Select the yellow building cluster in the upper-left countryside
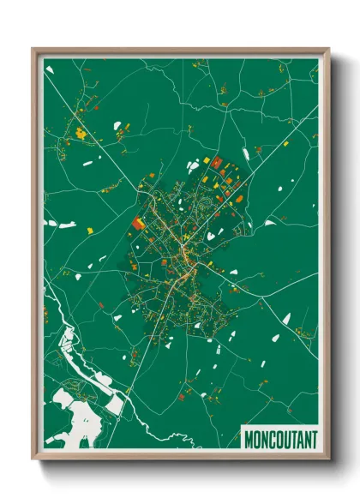(82, 133)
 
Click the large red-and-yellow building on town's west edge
(137, 224)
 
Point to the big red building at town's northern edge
(216, 162)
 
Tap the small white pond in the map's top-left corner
(50, 69)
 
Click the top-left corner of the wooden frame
(33, 49)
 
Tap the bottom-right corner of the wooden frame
(328, 460)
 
